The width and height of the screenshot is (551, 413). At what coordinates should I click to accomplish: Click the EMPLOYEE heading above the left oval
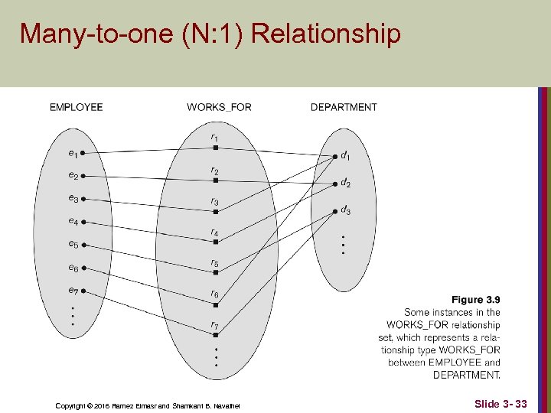point(76,107)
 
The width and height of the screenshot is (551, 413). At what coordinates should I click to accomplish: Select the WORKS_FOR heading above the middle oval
point(219,107)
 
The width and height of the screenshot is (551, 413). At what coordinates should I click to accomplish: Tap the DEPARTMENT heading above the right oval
point(344,107)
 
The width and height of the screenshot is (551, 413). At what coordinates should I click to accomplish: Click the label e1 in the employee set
point(73,153)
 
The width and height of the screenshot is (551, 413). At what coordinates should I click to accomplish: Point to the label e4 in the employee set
point(73,222)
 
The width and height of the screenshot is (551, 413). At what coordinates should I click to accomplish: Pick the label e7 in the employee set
point(73,291)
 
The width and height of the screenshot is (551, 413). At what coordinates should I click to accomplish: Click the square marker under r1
point(216,148)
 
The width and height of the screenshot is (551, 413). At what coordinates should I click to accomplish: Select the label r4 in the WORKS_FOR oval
point(215,233)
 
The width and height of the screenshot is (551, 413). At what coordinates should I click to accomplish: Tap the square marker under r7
point(216,335)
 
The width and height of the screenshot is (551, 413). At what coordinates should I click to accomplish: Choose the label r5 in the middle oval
point(215,264)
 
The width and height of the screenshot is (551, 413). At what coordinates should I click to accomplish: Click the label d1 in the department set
point(346,156)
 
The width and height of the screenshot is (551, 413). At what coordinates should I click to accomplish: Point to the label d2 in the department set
point(346,184)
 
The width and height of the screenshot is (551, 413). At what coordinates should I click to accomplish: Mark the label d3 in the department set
point(346,210)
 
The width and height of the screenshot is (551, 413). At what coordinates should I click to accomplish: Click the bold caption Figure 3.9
point(475,300)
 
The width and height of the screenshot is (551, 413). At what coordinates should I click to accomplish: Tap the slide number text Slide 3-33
point(500,403)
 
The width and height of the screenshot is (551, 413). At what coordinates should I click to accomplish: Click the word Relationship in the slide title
point(325,34)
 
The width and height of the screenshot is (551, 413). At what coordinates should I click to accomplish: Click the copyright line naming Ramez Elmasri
point(148,405)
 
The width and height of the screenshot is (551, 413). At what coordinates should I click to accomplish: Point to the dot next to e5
point(84,246)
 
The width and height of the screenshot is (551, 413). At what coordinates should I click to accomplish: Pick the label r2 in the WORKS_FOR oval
point(215,171)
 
